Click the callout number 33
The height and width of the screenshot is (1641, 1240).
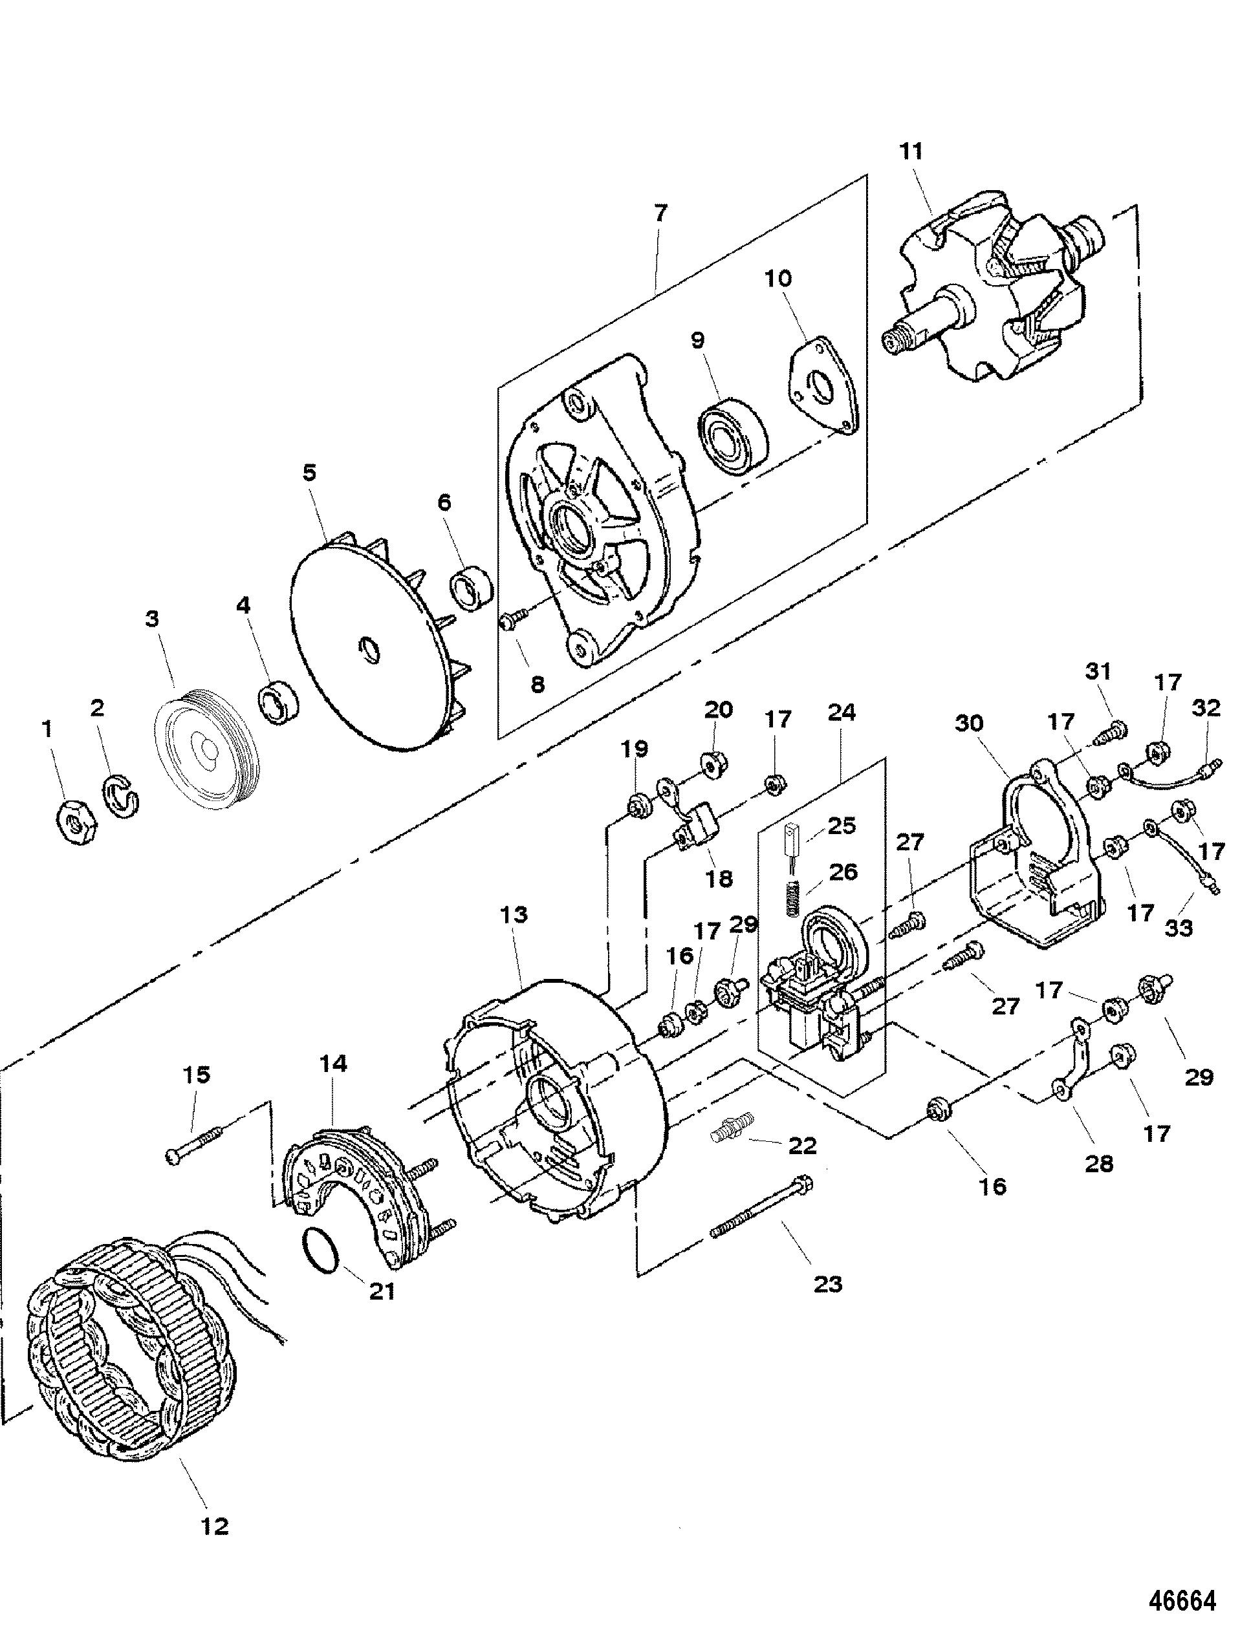[x=1179, y=927]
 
